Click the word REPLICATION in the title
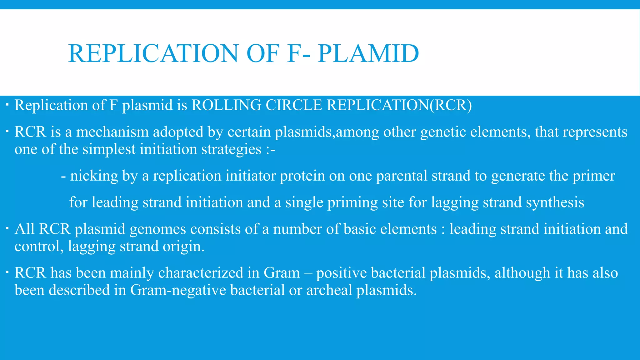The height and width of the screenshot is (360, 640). [x=153, y=53]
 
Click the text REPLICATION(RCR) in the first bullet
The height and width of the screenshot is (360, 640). [x=399, y=105]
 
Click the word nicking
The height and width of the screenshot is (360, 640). [x=94, y=176]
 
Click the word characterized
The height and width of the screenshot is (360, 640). [x=201, y=273]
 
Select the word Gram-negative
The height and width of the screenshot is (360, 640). [x=178, y=290]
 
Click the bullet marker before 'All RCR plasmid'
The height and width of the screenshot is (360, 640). [x=7, y=229]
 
